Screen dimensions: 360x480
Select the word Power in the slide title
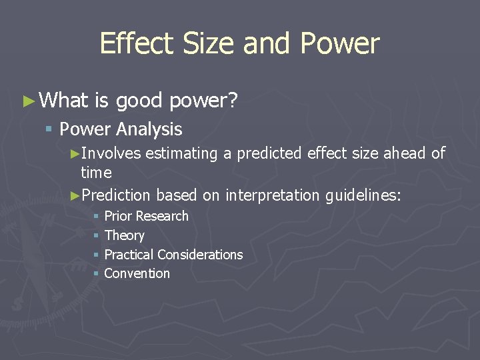coord(340,44)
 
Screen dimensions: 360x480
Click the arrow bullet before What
coord(27,101)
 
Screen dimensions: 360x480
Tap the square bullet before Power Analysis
coord(49,129)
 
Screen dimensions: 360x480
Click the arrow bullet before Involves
coord(75,154)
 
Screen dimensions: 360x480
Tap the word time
coord(96,173)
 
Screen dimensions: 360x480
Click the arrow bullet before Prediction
coord(75,195)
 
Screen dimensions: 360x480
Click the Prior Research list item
coord(146,216)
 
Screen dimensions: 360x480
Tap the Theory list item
coord(124,235)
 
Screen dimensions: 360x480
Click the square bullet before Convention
coord(97,273)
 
